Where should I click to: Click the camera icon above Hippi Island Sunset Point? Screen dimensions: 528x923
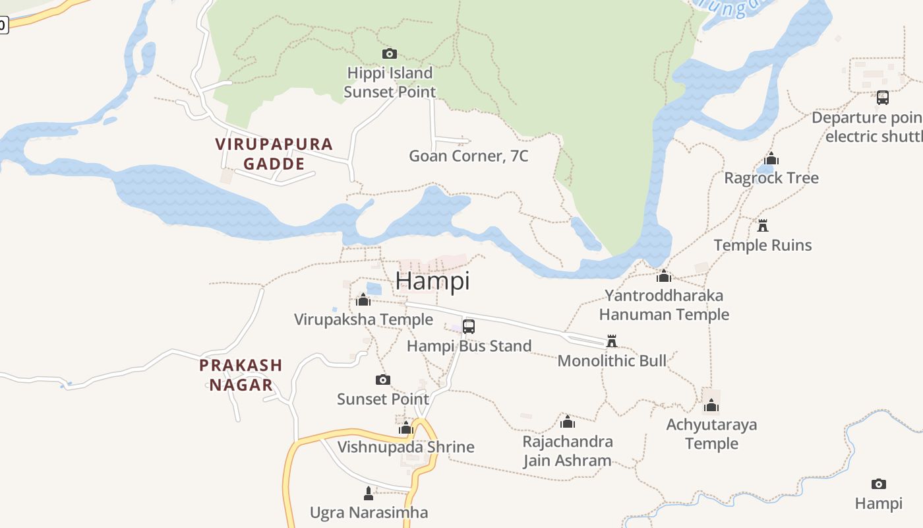tap(390, 53)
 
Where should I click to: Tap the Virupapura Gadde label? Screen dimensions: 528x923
tap(274, 154)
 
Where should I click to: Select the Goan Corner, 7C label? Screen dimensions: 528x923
tap(468, 156)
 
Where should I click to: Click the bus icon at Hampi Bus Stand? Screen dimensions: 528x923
tap(469, 326)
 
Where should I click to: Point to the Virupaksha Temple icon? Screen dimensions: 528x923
tap(363, 300)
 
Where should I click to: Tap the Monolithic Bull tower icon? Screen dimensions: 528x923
tap(612, 341)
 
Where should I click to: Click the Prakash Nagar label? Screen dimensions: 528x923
tap(241, 375)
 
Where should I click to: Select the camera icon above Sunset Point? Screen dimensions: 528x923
tap(383, 379)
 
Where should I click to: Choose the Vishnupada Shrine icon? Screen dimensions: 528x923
tap(405, 428)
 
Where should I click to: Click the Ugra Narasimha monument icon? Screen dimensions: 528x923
tap(369, 493)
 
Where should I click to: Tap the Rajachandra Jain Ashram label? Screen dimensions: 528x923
tap(568, 451)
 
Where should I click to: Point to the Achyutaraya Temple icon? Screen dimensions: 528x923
tap(711, 405)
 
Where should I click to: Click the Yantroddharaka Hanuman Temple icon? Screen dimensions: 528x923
tap(664, 276)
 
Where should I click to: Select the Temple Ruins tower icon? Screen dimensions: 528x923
tap(763, 226)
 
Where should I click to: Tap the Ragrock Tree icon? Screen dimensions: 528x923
tap(771, 159)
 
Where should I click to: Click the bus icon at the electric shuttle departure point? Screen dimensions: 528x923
tap(883, 98)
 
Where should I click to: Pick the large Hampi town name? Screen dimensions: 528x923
tap(432, 280)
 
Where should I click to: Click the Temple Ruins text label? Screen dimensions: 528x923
tap(763, 246)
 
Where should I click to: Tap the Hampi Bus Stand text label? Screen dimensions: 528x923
tap(469, 346)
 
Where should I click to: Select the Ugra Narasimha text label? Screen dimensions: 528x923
tap(369, 513)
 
